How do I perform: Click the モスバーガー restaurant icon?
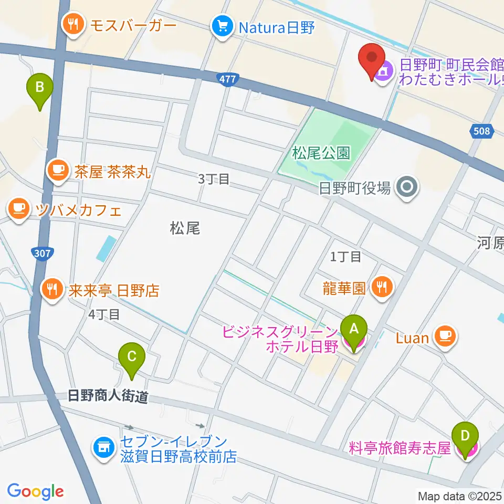tap(72, 24)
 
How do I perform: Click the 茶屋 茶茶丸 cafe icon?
tap(57, 170)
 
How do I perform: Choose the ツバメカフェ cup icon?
tap(19, 209)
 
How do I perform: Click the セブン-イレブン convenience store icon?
tap(103, 448)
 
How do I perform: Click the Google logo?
tap(36, 491)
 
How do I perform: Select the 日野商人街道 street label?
tap(108, 396)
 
